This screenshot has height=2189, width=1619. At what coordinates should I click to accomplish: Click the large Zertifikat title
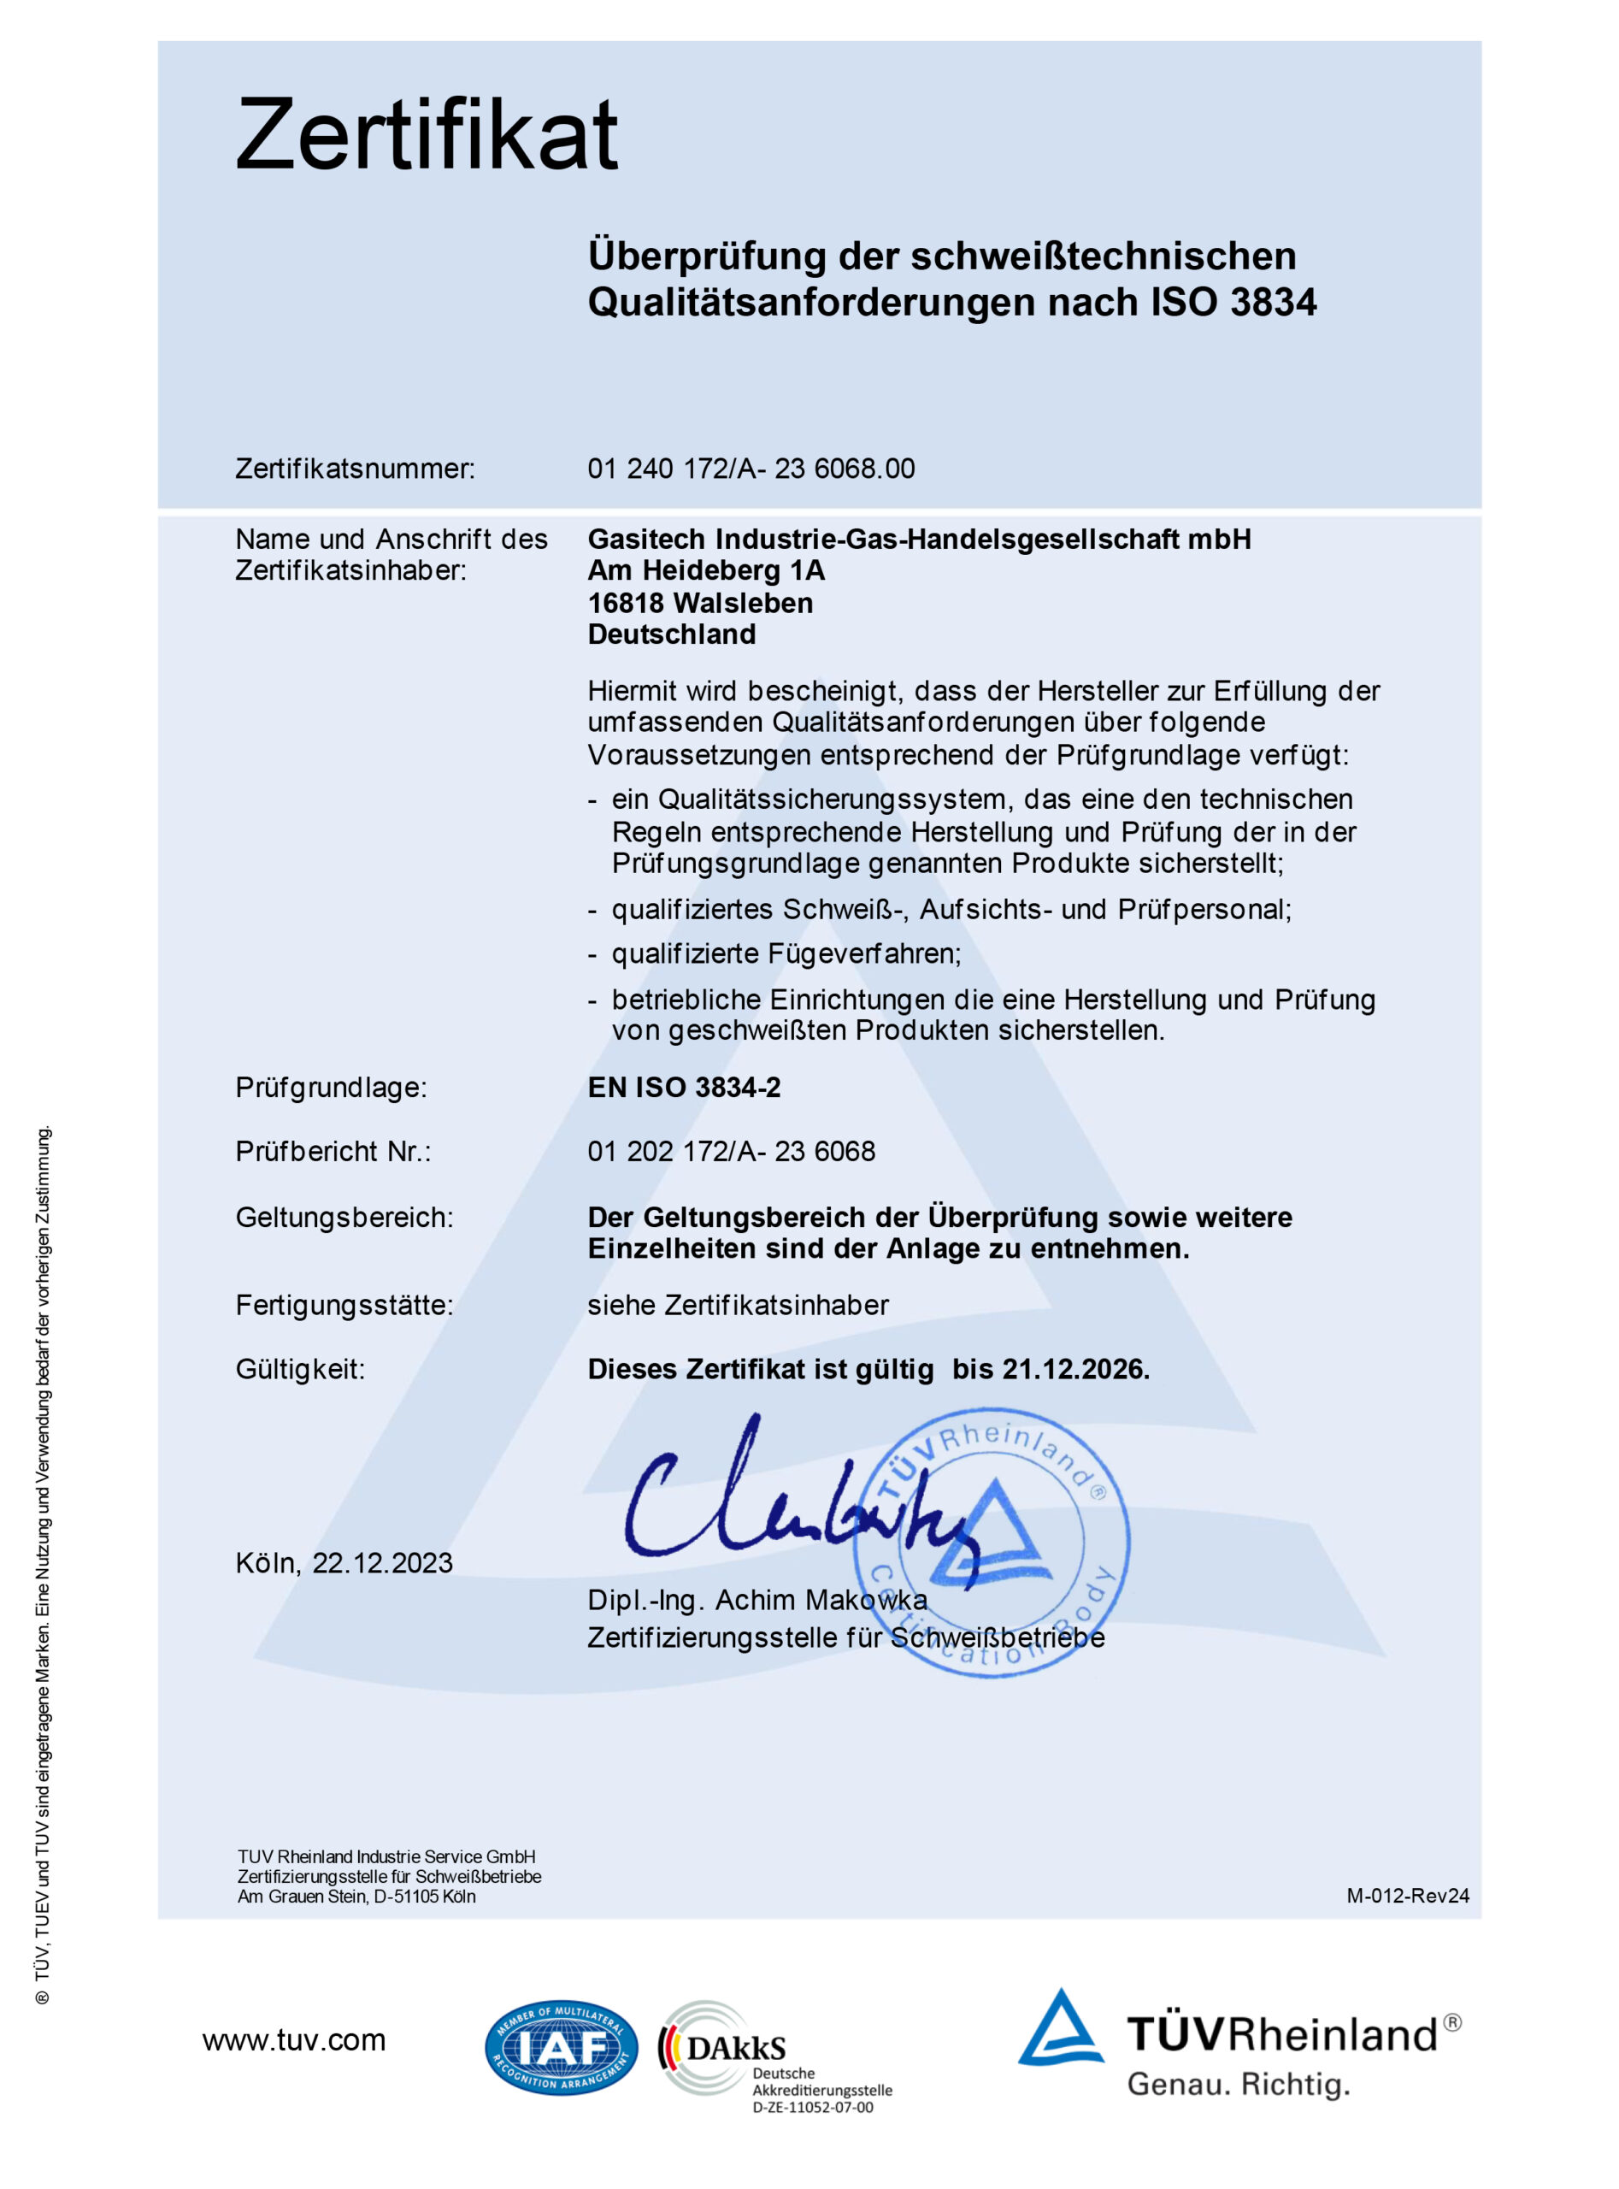(x=427, y=134)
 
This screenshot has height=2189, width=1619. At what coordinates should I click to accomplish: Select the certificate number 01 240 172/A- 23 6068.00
(x=751, y=469)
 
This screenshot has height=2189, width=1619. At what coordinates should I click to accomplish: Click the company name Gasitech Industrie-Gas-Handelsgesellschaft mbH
(x=919, y=540)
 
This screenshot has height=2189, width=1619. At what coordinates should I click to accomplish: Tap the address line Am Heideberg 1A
(x=705, y=570)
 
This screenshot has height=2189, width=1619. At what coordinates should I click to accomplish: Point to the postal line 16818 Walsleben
(x=700, y=603)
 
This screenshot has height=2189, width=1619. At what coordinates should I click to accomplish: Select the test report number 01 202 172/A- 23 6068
(x=731, y=1151)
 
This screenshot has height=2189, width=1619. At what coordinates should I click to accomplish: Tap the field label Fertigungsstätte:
(x=344, y=1305)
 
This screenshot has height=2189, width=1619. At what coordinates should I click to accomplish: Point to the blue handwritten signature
(x=784, y=1500)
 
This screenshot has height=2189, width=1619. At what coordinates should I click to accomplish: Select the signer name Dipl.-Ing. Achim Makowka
(x=757, y=1600)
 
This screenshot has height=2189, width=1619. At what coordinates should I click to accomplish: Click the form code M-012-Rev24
(x=1407, y=1896)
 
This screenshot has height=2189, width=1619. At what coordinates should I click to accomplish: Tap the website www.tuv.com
(x=294, y=2040)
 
